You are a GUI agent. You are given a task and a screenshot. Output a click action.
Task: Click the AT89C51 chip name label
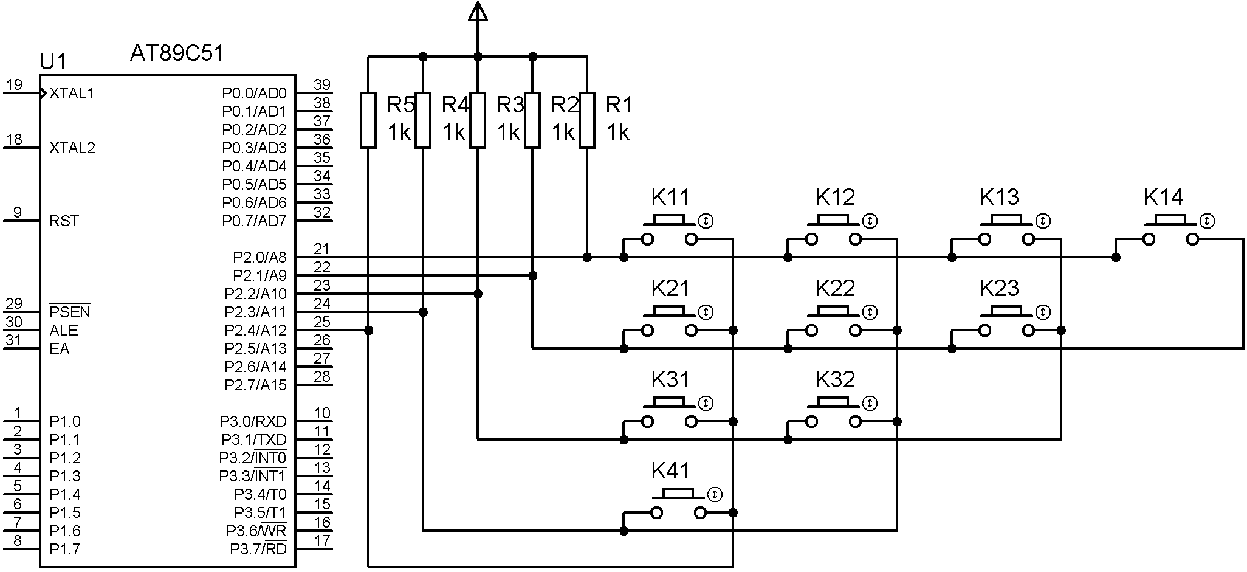[177, 53]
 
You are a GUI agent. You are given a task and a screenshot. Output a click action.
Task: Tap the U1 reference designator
[53, 61]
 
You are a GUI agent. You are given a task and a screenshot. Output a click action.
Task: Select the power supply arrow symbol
[478, 12]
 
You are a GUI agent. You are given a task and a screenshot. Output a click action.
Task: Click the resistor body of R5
[368, 120]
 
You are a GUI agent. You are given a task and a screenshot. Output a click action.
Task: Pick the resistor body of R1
[586, 120]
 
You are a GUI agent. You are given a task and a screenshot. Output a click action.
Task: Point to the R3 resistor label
[510, 105]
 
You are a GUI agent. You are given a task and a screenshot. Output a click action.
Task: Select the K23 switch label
[999, 288]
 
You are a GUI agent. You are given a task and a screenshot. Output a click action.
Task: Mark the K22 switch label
[835, 288]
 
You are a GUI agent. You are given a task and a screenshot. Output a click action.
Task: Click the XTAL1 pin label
[72, 94]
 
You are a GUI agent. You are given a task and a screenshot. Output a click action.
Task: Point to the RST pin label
[64, 221]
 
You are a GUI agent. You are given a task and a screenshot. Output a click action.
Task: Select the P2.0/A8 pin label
[259, 258]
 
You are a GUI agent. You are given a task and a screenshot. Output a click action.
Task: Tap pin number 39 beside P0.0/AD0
[322, 85]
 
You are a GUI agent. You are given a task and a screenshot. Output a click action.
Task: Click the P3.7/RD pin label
[258, 550]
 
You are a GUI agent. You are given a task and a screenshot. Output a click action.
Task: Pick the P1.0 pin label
[64, 422]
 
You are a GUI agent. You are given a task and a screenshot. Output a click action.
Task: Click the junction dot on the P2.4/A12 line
[368, 331]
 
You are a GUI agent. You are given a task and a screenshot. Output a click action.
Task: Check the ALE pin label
[63, 331]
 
